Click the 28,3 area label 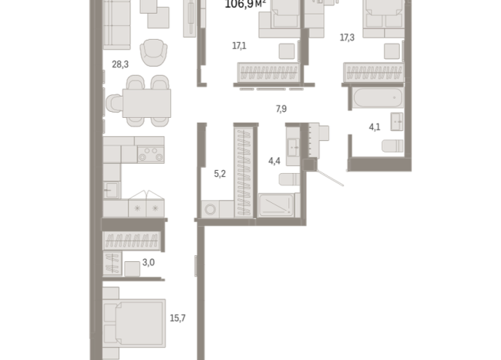pos(120,64)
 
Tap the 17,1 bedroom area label pos(239,46)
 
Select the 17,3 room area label pos(347,38)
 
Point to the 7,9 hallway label pos(281,109)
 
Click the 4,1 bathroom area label pos(375,127)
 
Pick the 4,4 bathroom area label pos(274,161)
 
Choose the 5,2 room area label pos(220,174)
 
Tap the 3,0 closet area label pos(149,263)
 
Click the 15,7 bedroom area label pos(178,318)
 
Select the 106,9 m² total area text pos(245,4)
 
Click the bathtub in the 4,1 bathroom pos(378,97)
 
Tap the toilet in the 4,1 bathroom pos(392,146)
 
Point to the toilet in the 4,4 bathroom pos(290,179)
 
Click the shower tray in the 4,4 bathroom pos(276,205)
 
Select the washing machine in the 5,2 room pos(210,210)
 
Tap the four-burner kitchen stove pos(151,154)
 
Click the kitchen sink pos(112,190)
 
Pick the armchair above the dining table pos(154,52)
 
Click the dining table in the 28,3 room pos(146,103)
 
